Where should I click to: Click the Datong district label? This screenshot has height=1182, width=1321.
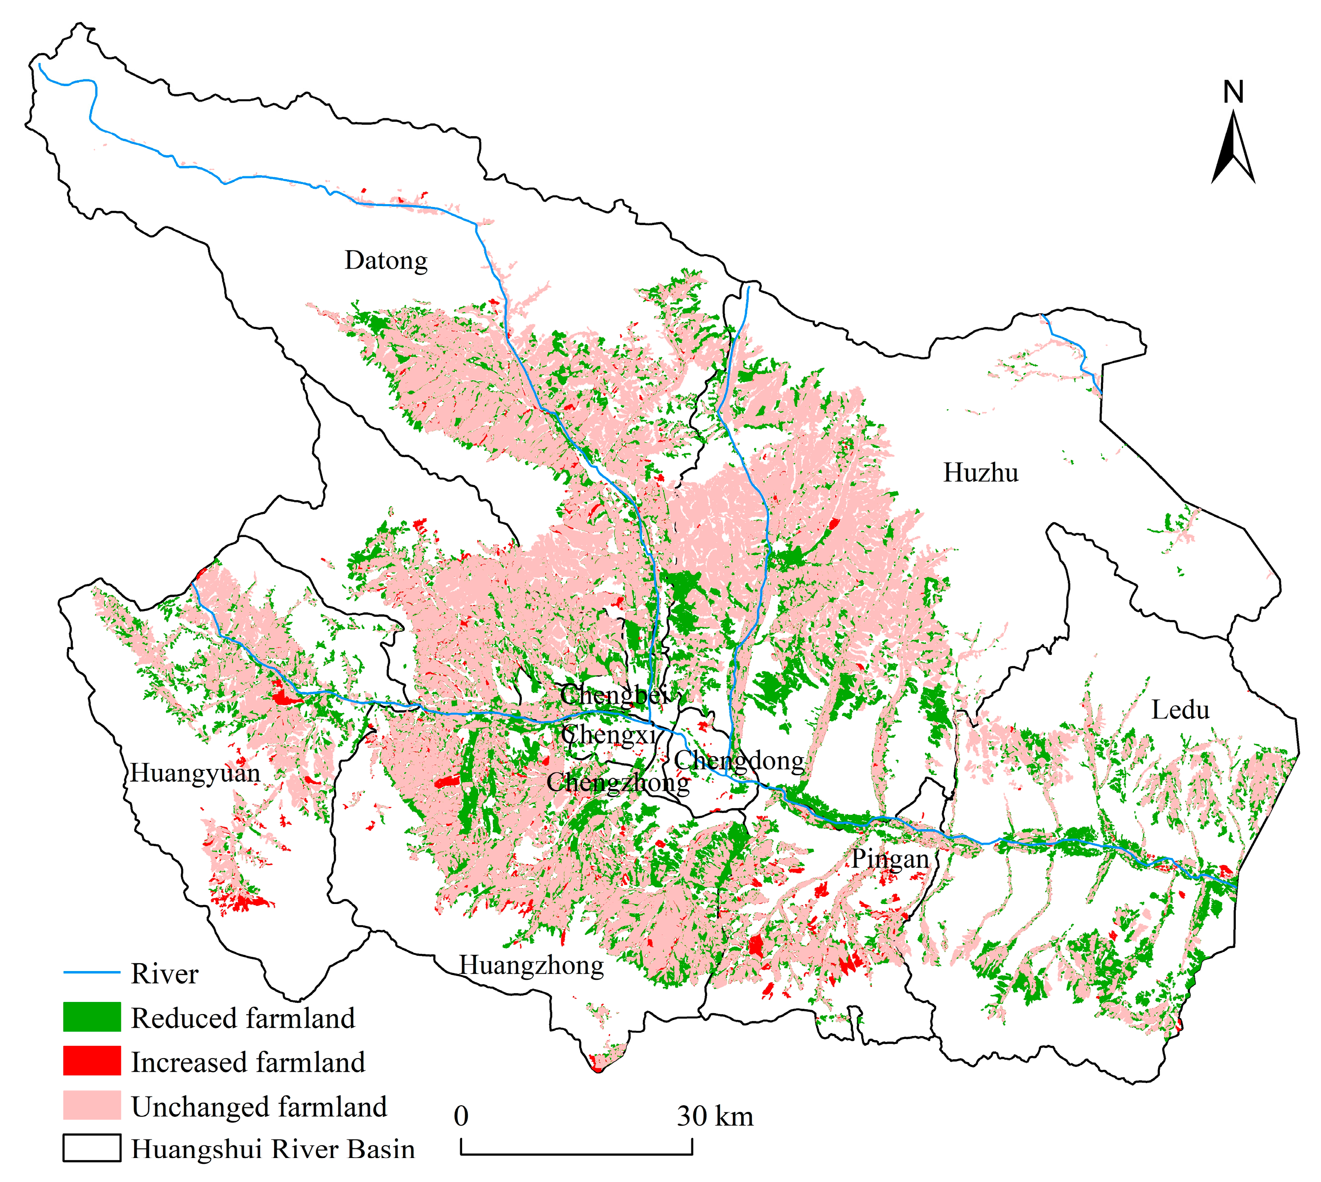coord(386,260)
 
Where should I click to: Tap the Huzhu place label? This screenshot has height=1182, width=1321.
coord(981,473)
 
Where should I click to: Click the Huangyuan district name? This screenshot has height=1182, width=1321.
coord(195,773)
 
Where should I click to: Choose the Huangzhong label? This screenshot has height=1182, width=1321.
coord(532,965)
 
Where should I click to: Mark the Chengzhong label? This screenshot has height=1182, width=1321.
coord(617,783)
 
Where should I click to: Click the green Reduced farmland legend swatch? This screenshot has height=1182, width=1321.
coord(92,1017)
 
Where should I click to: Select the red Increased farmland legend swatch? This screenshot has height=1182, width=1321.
coord(92,1061)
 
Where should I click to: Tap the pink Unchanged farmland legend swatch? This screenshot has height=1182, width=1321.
coord(92,1105)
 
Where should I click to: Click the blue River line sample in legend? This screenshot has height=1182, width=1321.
coord(92,972)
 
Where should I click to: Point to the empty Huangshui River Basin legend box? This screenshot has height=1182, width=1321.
coord(92,1148)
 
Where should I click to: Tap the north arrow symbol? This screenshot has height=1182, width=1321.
coord(1233,149)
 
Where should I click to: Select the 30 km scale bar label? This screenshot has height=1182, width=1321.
coord(715,1116)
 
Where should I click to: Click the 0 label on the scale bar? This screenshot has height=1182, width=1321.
coord(461,1116)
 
